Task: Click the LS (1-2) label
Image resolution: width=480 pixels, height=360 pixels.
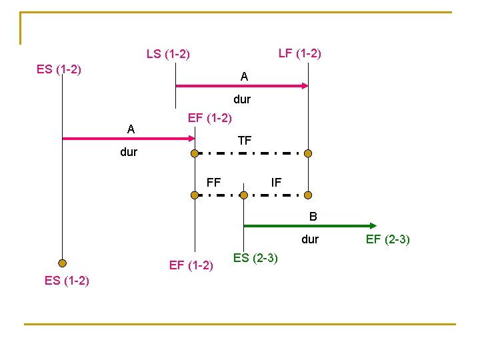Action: point(168,54)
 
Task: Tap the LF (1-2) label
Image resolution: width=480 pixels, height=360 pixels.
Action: point(299,53)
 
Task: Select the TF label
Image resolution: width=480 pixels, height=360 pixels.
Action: point(245,141)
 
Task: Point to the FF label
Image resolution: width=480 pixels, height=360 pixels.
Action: point(213,181)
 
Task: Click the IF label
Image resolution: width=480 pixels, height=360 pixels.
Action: point(276,181)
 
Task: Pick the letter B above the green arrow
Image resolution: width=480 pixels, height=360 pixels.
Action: point(313,216)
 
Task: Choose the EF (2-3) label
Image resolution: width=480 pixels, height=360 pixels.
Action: point(387,239)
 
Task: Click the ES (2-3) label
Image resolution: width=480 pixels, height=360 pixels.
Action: point(255,258)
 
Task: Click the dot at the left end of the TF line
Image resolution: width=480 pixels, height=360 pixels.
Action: point(195,153)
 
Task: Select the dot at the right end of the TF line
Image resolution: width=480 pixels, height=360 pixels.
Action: point(308,153)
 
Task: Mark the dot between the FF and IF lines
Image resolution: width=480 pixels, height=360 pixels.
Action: point(244,195)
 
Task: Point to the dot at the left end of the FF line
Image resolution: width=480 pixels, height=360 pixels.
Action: point(195,195)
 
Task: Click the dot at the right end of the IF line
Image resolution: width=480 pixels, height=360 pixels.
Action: point(308,195)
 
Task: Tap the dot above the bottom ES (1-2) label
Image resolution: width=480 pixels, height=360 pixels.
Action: point(62,263)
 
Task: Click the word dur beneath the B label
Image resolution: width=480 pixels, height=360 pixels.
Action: point(310,239)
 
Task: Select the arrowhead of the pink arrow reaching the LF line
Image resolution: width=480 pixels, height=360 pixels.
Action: point(305,85)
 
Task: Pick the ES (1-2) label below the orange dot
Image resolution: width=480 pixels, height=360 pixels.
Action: point(67,280)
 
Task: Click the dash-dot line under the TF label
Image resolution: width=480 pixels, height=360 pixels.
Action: point(251,153)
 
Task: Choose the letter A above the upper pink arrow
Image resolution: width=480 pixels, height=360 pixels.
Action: point(245,77)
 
